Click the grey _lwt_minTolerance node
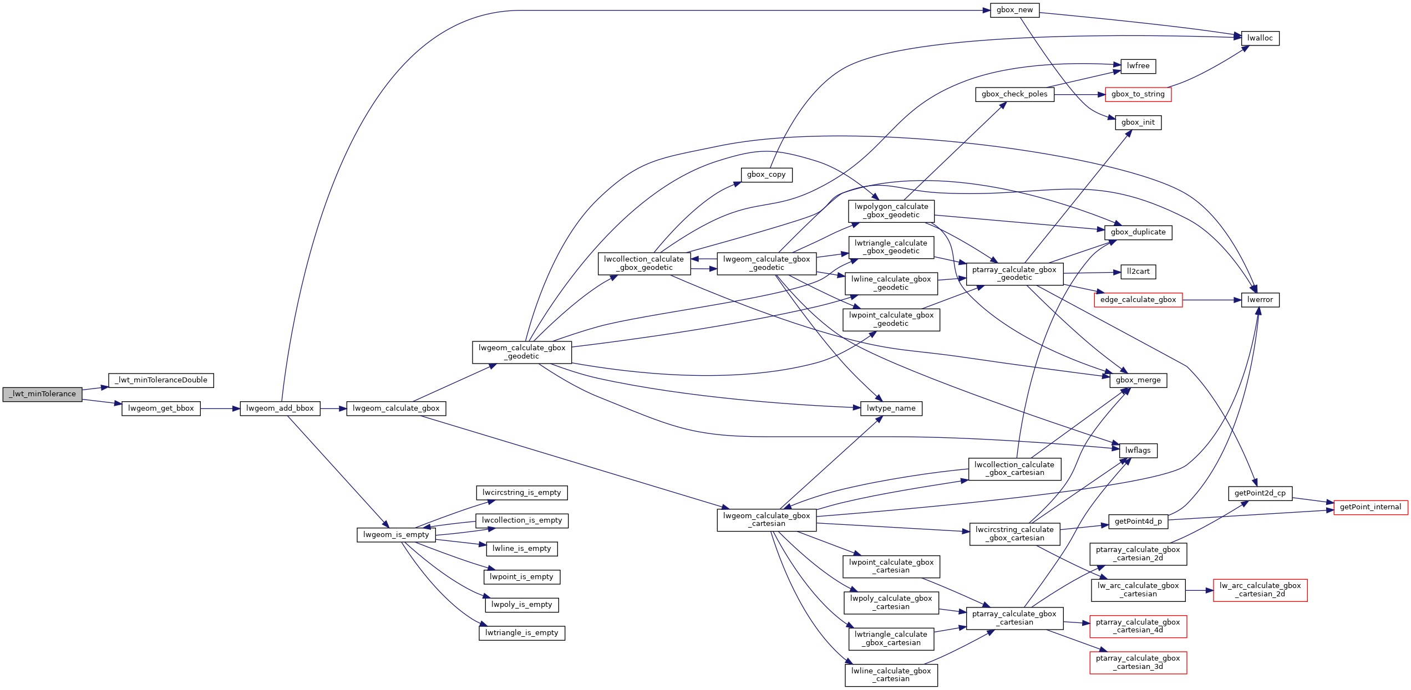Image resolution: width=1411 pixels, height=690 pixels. point(42,394)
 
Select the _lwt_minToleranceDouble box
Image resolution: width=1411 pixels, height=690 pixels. point(161,380)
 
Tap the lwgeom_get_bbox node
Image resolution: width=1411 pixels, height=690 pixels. point(161,408)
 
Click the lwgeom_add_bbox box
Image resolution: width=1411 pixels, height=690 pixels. point(280,408)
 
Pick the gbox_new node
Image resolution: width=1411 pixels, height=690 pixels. point(1014,10)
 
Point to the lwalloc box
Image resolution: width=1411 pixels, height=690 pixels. point(1260,38)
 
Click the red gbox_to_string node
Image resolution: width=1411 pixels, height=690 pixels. point(1138,94)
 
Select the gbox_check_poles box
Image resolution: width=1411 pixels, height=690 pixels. point(1014,94)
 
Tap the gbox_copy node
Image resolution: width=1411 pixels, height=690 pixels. point(767,175)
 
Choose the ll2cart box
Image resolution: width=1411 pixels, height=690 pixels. point(1138,272)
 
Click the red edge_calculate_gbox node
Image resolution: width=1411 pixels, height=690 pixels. point(1138,300)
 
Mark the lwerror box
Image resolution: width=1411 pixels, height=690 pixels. point(1260,300)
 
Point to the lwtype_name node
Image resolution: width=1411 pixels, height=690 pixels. point(891,408)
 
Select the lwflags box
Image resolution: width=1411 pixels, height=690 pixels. point(1138,451)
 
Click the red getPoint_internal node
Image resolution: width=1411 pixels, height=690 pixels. point(1370,507)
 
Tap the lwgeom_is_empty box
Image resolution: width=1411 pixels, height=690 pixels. point(396,535)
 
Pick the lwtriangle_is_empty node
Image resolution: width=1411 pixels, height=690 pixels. point(521,633)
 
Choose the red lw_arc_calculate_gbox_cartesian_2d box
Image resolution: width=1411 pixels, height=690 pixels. point(1260,590)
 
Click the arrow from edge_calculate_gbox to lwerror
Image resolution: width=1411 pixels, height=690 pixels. point(1212,300)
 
